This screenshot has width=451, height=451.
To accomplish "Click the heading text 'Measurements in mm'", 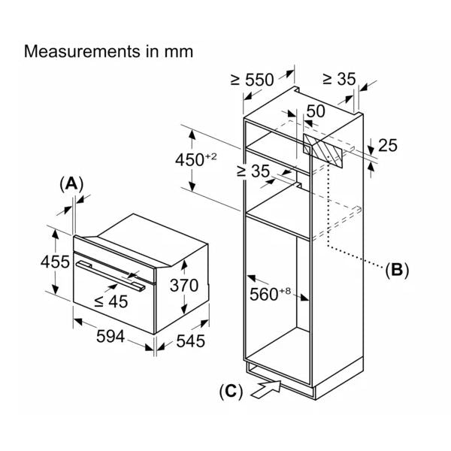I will point(109,52).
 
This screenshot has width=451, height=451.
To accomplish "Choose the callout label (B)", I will point(395,270).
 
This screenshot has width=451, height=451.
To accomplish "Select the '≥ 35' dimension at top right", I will point(340,80).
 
